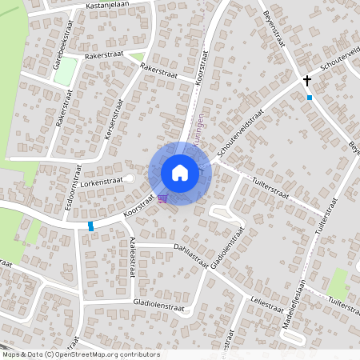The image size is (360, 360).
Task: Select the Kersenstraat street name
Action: [113, 121]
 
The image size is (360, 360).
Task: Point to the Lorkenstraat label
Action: [101, 182]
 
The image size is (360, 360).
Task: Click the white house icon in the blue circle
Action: [180, 173]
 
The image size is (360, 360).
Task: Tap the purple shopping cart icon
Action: [162, 198]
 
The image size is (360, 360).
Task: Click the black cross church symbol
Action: [306, 81]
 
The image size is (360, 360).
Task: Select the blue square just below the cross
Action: [309, 98]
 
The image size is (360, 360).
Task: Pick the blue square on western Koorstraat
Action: [90, 226]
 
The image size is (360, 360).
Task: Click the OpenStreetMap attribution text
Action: [81, 354]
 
